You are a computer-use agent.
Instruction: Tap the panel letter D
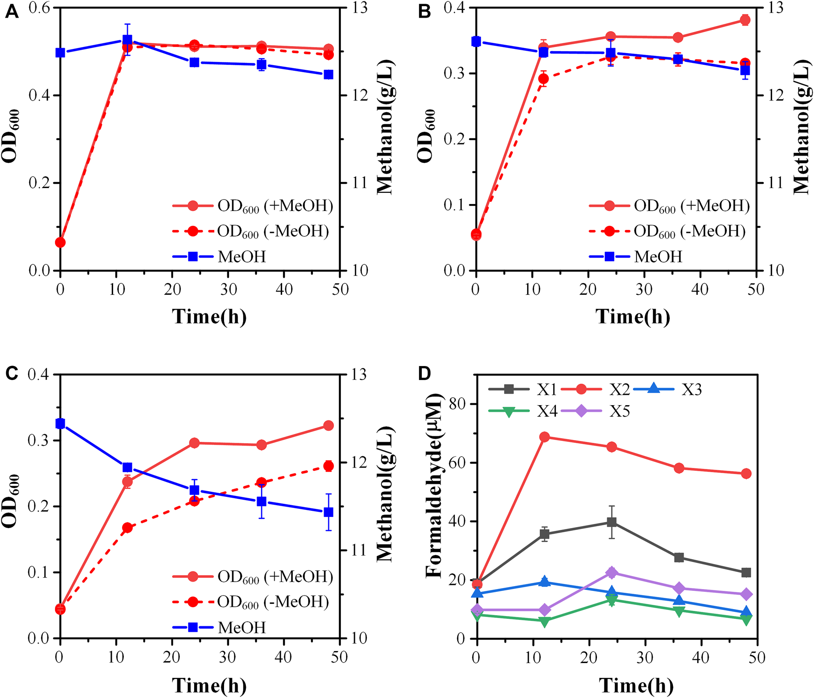pyautogui.click(x=424, y=373)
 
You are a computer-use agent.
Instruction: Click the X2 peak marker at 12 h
pyautogui.click(x=544, y=437)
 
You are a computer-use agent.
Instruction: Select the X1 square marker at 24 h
pyautogui.click(x=612, y=522)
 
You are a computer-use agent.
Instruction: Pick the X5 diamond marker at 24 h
pyautogui.click(x=612, y=573)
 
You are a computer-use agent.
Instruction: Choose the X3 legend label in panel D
pyautogui.click(x=692, y=389)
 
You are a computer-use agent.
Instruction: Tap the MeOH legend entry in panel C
pyautogui.click(x=219, y=627)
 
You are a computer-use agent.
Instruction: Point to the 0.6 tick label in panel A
pyautogui.click(x=41, y=8)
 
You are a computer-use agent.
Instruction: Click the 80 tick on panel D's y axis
pyautogui.click(x=459, y=404)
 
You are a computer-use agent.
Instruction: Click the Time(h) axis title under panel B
pyautogui.click(x=633, y=317)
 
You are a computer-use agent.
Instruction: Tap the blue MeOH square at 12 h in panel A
pyautogui.click(x=127, y=40)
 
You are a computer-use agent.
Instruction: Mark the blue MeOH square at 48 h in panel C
pyautogui.click(x=328, y=512)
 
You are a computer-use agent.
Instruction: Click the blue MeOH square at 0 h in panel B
pyautogui.click(x=476, y=41)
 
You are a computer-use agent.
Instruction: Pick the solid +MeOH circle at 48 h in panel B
pyautogui.click(x=745, y=20)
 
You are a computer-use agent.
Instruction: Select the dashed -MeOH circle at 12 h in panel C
pyautogui.click(x=127, y=528)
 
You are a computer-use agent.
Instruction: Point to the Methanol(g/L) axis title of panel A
pyautogui.click(x=385, y=127)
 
